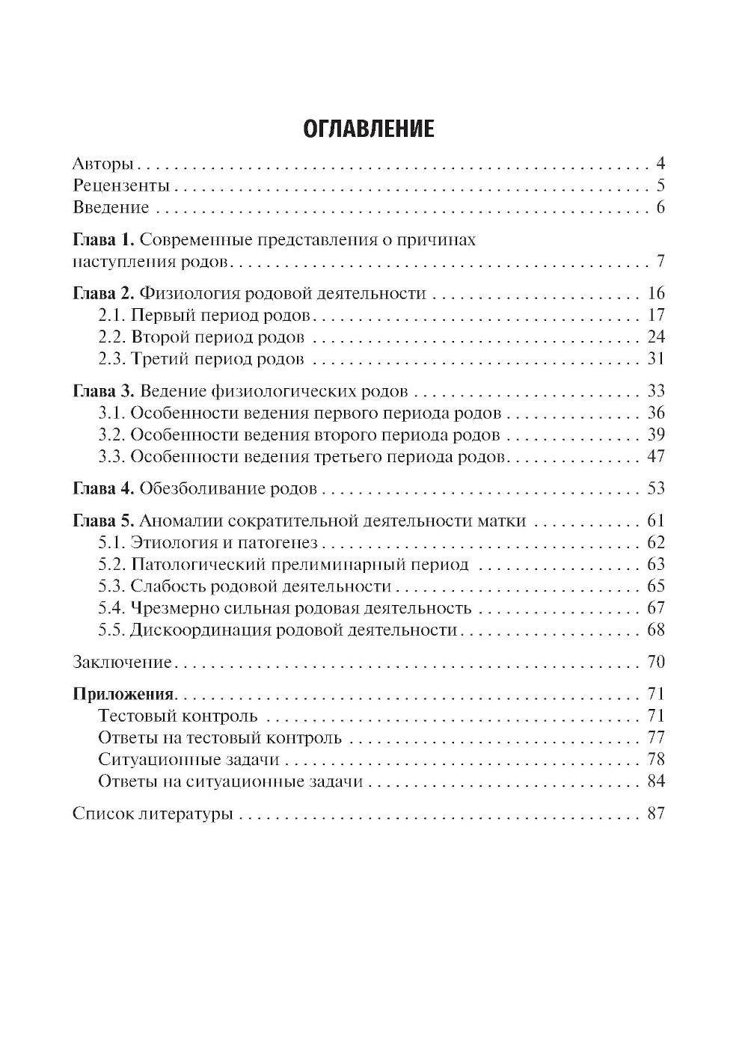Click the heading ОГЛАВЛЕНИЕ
point(369,129)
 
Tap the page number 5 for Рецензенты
point(660,186)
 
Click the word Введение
point(111,207)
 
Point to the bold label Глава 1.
point(103,240)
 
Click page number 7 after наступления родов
point(660,262)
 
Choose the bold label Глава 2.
point(103,293)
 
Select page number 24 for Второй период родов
point(655,337)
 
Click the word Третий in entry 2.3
point(159,359)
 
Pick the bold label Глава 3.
point(103,391)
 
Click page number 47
point(655,456)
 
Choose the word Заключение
point(122,662)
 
